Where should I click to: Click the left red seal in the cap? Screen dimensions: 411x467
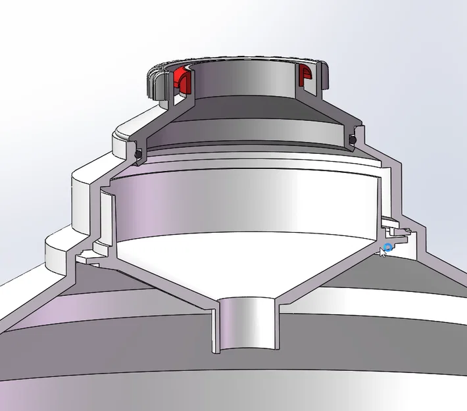coord(181,80)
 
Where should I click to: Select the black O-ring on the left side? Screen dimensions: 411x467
coord(139,153)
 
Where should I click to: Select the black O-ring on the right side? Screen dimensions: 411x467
coord(353,139)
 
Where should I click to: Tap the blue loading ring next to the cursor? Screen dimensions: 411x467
coord(388,247)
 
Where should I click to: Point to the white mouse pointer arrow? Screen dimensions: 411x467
coord(383,253)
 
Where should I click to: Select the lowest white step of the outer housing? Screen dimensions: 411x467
coord(56,253)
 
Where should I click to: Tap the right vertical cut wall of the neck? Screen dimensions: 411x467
coord(324,82)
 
